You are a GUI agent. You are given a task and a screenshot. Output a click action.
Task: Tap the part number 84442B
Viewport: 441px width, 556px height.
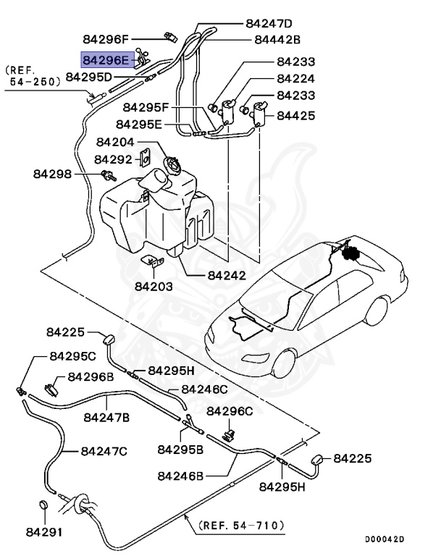tap(277, 39)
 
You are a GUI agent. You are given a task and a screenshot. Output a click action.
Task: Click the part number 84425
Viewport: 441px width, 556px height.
tap(295, 114)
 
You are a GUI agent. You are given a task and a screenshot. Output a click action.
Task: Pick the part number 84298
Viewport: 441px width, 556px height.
tap(52, 174)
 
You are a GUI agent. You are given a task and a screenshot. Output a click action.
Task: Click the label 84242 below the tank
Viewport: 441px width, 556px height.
tap(226, 275)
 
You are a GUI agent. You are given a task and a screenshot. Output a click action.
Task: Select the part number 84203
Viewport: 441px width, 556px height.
tap(153, 286)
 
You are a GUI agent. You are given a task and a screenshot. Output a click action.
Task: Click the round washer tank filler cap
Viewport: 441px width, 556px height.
tap(174, 165)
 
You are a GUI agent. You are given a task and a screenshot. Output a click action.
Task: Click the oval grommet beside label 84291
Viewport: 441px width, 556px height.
tap(43, 505)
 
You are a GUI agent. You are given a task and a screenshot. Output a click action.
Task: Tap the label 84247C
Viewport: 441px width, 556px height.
tap(104, 451)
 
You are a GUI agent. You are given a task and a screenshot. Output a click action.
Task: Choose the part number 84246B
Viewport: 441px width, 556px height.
tap(181, 476)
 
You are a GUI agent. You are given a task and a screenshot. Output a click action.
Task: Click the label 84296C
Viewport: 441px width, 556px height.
tap(230, 411)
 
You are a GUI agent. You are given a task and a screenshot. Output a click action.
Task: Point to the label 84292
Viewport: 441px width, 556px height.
tap(113, 159)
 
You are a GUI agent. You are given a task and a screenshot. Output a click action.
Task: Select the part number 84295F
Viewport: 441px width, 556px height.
tap(146, 108)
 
